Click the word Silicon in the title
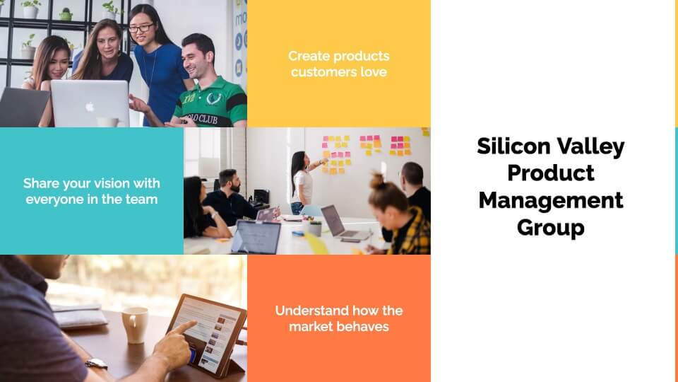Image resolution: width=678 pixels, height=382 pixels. point(513,146)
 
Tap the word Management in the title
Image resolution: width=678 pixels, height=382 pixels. point(551,200)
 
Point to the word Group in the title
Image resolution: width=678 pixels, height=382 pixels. point(550,228)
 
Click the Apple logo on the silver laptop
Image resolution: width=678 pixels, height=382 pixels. point(90,105)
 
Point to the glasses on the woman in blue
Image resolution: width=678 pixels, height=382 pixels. point(141,28)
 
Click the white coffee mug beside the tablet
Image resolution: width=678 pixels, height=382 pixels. point(135,325)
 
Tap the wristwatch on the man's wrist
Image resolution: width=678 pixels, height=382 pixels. point(96,364)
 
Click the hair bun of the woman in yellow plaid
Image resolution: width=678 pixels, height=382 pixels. point(377,181)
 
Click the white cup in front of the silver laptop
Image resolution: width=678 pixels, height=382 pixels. point(107,122)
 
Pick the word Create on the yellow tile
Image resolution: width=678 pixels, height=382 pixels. point(309,56)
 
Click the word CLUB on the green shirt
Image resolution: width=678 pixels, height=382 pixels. point(208,119)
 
